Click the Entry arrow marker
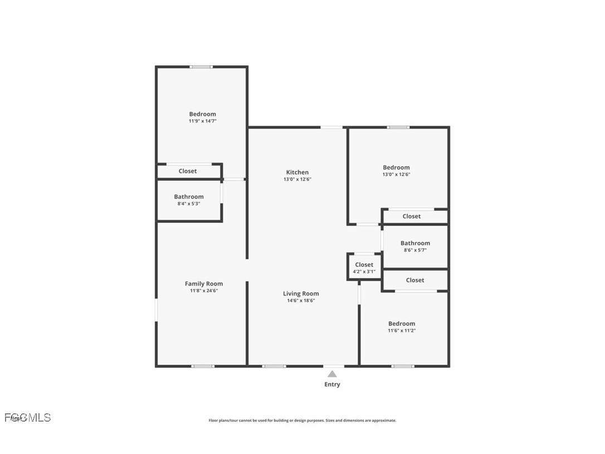click(x=332, y=374)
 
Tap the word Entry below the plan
click(x=332, y=384)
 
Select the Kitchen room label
click(x=297, y=172)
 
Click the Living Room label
click(x=301, y=293)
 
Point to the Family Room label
click(x=204, y=283)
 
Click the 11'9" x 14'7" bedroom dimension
click(x=202, y=121)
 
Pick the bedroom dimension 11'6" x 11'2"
click(x=402, y=331)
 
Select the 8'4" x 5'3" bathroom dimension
click(x=189, y=204)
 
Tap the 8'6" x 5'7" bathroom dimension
click(x=415, y=250)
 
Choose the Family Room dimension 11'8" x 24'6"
click(x=204, y=291)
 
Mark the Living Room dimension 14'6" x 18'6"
click(x=301, y=301)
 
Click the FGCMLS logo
click(x=28, y=417)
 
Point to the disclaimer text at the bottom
click(x=302, y=421)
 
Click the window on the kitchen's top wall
click(x=331, y=128)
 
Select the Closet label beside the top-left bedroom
click(x=188, y=171)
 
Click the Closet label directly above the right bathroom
click(x=412, y=216)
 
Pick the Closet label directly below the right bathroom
click(x=415, y=280)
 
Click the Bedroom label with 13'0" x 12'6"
click(x=396, y=167)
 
